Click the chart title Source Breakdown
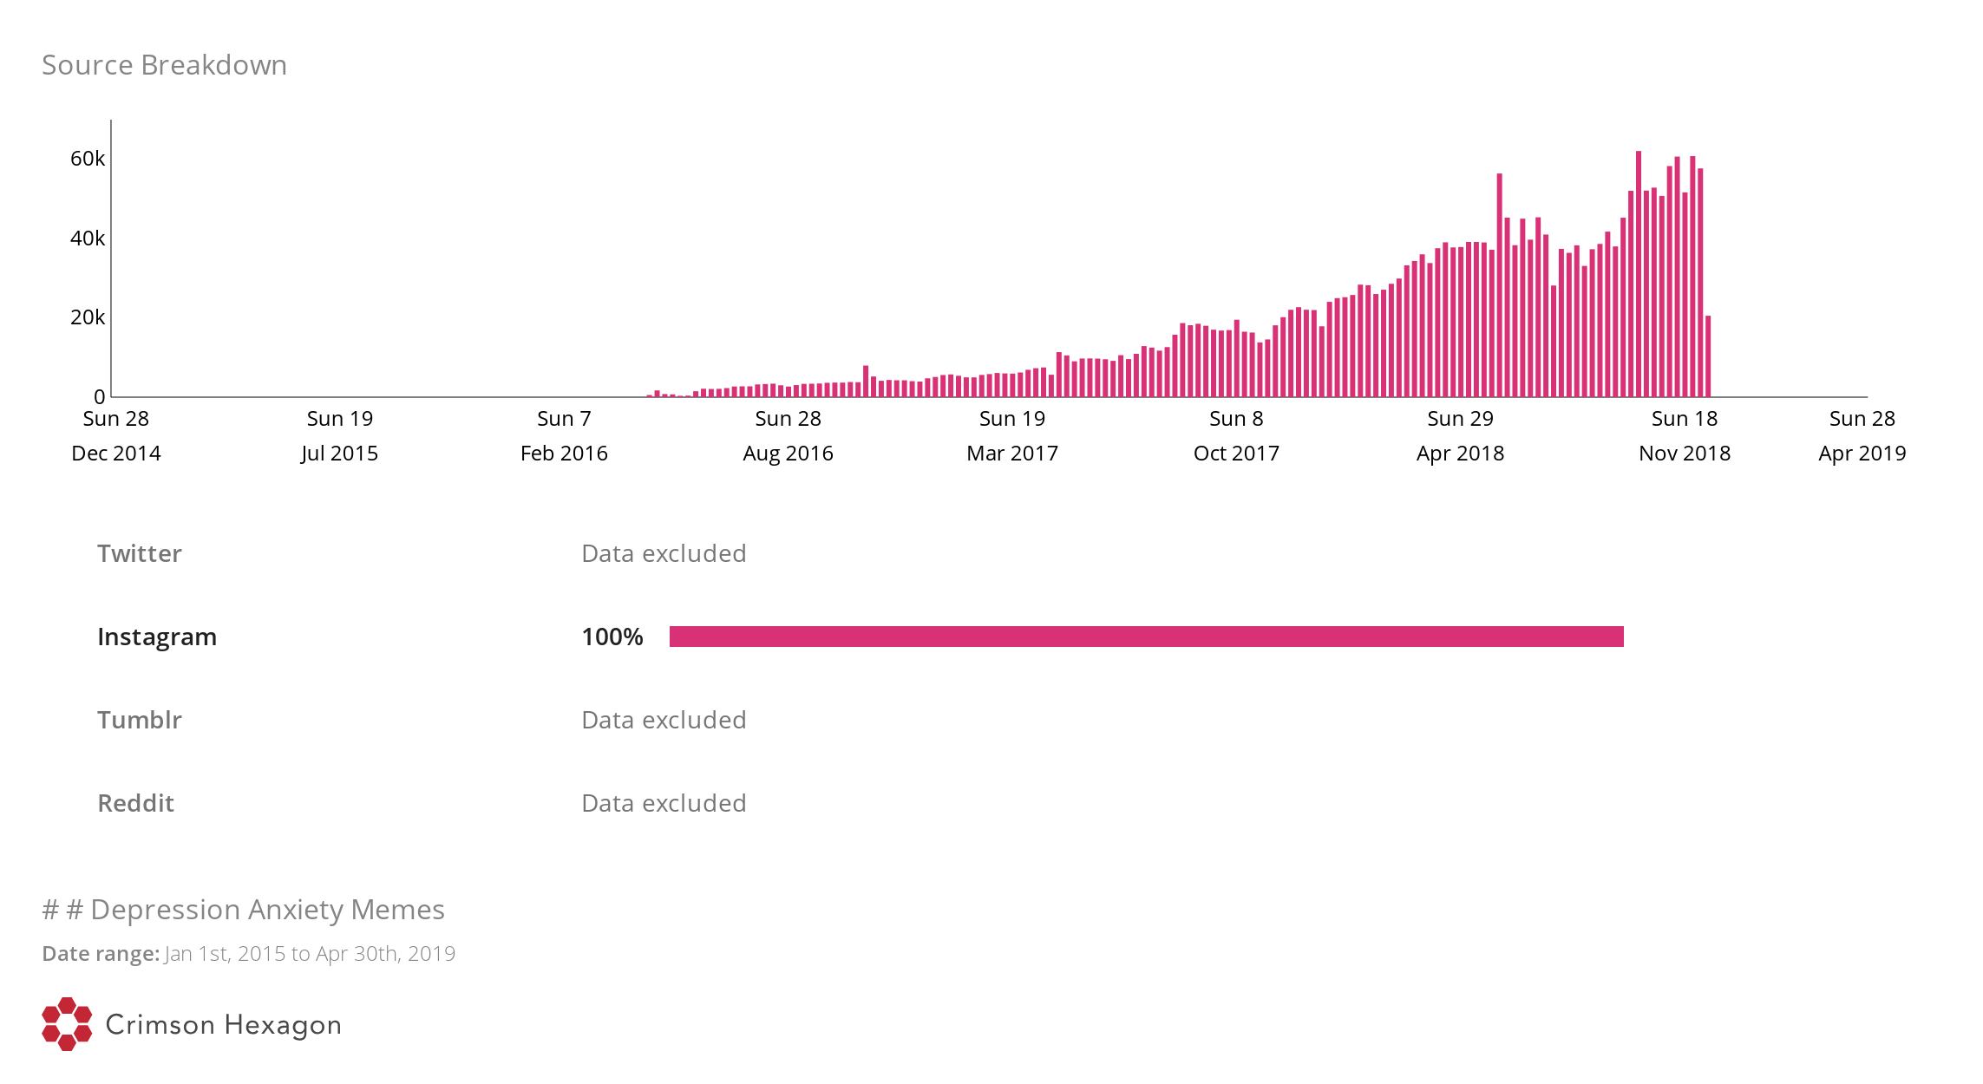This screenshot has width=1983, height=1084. [164, 65]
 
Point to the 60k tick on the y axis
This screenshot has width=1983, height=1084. [88, 159]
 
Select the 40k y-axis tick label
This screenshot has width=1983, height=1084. [88, 238]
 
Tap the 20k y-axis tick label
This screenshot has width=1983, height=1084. [88, 317]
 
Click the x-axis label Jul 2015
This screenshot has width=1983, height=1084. [339, 454]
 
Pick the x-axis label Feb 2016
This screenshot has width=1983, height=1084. [564, 454]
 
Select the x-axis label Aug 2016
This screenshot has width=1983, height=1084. [788, 454]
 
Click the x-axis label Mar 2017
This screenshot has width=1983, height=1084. [1012, 454]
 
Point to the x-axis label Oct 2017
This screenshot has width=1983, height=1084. [1236, 454]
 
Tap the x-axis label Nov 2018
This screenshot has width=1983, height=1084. [1685, 454]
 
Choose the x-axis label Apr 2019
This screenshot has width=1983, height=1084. [1862, 454]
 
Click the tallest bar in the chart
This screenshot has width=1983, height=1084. [1639, 278]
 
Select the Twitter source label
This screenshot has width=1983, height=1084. [140, 553]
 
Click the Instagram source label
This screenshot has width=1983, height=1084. [157, 637]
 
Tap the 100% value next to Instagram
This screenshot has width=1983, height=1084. [612, 637]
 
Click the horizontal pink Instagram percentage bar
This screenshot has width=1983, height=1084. [1146, 637]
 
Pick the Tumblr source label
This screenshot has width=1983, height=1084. [140, 720]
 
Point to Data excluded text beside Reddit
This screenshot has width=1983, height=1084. [664, 803]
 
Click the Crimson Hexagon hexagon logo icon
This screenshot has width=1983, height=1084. [67, 1024]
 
